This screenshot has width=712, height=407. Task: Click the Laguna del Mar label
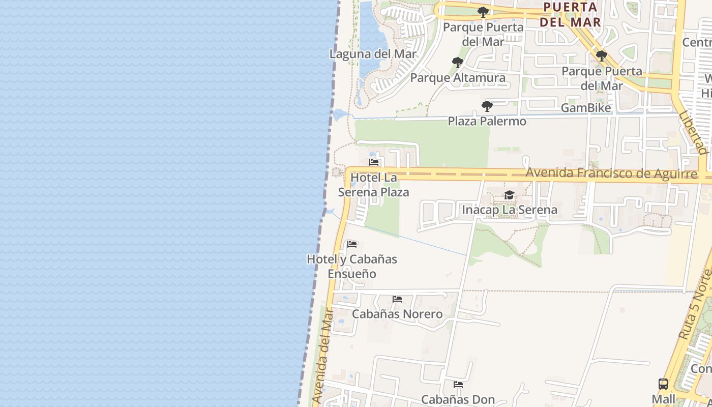pos(373,54)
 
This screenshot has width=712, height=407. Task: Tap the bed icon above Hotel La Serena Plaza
pos(374,163)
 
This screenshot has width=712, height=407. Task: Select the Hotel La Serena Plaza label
pos(374,185)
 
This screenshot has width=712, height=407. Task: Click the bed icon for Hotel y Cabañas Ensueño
pos(352,244)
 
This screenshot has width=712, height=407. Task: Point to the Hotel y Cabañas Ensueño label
pos(352,266)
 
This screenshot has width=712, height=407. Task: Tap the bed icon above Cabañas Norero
pos(397,299)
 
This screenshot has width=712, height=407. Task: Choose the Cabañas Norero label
pos(397,314)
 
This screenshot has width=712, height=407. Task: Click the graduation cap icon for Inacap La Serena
pos(509,195)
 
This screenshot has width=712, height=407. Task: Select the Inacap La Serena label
pos(509,210)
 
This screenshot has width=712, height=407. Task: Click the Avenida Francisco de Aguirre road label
pos(611,173)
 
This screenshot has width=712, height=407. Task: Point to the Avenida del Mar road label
pos(324,356)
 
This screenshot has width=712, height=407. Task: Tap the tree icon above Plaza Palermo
pos(487,106)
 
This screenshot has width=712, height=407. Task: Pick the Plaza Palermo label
pos(487,121)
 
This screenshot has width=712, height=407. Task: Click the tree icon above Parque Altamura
pos(457,63)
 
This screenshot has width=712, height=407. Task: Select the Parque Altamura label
pos(458,77)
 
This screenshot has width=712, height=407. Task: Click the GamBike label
pos(586,108)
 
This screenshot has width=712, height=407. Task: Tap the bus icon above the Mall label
pos(663,384)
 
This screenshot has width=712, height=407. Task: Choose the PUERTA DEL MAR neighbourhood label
pos(570,15)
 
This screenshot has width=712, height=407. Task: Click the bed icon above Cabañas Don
pos(458,385)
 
